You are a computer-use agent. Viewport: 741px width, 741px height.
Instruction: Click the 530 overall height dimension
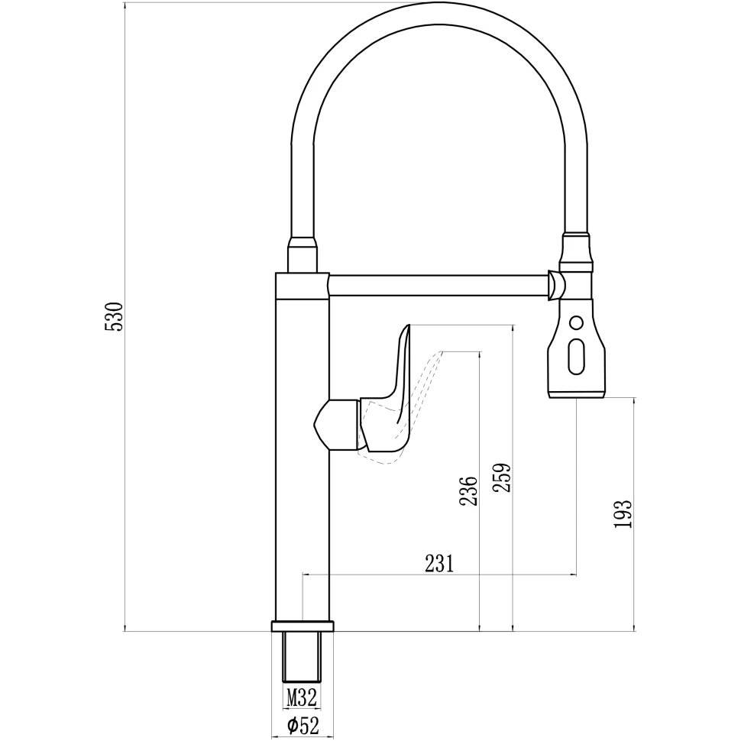(x=114, y=316)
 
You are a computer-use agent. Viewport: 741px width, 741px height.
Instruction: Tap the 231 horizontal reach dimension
(x=440, y=564)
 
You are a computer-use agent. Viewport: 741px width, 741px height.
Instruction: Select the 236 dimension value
(x=469, y=491)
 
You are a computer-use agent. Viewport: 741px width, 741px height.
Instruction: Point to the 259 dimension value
(x=502, y=479)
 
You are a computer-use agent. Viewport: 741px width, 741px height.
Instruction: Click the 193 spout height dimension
(x=623, y=514)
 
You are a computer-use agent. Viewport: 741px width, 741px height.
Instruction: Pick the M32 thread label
(x=302, y=697)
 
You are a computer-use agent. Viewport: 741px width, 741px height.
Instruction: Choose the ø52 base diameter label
(x=303, y=726)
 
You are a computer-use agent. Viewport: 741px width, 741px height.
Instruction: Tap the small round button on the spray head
(x=577, y=322)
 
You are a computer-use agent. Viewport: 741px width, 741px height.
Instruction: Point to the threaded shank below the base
(x=302, y=656)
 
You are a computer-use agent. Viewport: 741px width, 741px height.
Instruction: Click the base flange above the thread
(x=302, y=626)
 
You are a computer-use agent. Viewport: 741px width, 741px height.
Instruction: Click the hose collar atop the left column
(x=302, y=255)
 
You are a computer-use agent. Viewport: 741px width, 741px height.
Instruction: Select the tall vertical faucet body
(x=302, y=458)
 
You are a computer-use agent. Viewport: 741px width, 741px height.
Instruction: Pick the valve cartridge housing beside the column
(x=336, y=424)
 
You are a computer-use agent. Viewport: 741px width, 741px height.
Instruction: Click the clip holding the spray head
(x=556, y=286)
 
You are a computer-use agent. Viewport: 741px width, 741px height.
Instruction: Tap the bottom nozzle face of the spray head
(x=578, y=394)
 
